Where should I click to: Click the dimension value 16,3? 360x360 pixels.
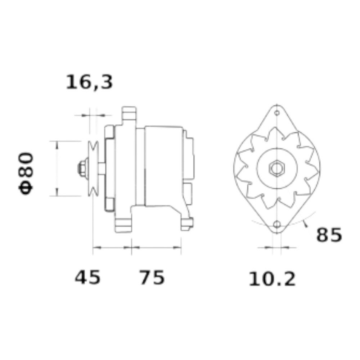coord(89,82)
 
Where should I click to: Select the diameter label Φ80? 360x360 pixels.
coord(26,174)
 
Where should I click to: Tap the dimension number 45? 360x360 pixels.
coord(88,277)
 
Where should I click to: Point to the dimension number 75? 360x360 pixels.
coord(152,277)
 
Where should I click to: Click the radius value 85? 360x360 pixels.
coord(329,235)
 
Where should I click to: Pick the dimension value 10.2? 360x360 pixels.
coord(272,279)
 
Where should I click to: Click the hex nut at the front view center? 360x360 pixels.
coord(277,168)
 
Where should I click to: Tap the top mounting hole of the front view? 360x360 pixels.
coord(277,113)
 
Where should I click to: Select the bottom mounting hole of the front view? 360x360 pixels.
coord(277,224)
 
